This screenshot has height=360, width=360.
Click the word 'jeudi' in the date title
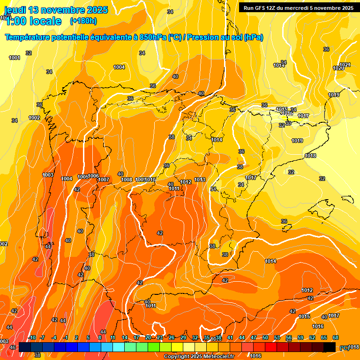tap(15, 10)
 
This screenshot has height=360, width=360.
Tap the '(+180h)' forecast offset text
tap(83, 21)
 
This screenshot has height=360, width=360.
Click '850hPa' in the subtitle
tap(153, 37)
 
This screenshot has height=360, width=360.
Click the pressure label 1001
tap(15, 58)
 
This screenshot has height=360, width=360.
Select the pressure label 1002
tap(34, 118)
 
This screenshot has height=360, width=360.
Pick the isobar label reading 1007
tap(104, 180)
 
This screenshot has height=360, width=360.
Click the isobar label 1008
tap(126, 180)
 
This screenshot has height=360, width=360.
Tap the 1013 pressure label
tap(200, 180)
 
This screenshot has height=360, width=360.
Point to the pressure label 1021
tap(345, 65)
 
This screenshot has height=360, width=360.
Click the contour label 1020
tap(338, 68)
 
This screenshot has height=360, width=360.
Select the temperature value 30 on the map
tap(288, 123)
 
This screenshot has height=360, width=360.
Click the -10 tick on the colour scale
tap(32, 338)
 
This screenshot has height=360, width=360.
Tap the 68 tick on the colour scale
tap(336, 338)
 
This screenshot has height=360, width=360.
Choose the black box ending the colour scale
tap(330, 347)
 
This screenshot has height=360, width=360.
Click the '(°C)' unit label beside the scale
tap(344, 347)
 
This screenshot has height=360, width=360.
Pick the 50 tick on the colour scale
tap(265, 338)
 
